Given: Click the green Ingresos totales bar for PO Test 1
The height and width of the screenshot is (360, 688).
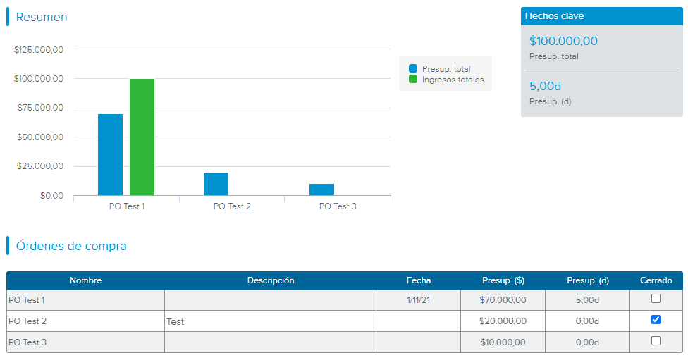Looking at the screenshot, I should pyautogui.click(x=142, y=137).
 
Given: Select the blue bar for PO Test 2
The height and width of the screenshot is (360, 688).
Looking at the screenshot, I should pyautogui.click(x=216, y=184).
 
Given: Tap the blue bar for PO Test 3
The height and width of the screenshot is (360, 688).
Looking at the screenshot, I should pyautogui.click(x=321, y=190).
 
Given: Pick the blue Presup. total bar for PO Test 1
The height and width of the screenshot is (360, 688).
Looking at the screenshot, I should pyautogui.click(x=110, y=154).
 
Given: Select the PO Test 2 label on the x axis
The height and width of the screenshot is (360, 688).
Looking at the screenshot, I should pyautogui.click(x=232, y=206).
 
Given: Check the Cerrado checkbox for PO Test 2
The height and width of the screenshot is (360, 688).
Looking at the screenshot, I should pyautogui.click(x=656, y=320).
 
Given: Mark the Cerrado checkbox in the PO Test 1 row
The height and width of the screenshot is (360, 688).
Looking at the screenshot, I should pyautogui.click(x=656, y=299).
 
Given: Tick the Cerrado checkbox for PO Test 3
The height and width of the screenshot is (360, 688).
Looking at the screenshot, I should pyautogui.click(x=656, y=341).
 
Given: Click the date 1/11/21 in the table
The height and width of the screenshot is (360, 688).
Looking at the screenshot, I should pyautogui.click(x=418, y=300).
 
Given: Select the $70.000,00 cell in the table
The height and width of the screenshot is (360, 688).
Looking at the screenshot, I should pyautogui.click(x=503, y=300).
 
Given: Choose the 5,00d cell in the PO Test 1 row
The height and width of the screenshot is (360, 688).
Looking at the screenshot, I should pyautogui.click(x=587, y=300).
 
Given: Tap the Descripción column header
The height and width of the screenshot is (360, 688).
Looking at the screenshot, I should pyautogui.click(x=270, y=280).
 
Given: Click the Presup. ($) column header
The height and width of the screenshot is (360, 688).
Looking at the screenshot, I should pyautogui.click(x=503, y=280).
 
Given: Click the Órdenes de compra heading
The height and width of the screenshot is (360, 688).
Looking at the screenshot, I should pyautogui.click(x=71, y=246).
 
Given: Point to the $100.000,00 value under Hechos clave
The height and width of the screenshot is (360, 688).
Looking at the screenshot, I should pyautogui.click(x=563, y=42).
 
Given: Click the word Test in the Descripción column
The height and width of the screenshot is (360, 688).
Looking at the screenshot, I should pyautogui.click(x=176, y=321).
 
